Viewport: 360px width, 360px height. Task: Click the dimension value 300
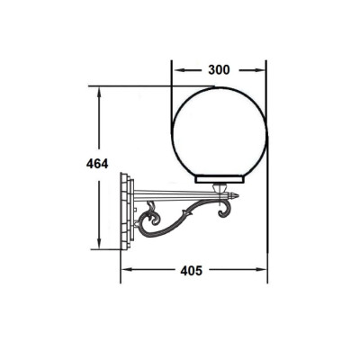click(x=219, y=70)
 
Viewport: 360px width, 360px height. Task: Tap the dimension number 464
click(x=97, y=164)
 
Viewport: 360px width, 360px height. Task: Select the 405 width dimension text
click(x=192, y=271)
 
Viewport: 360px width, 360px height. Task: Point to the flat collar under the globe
click(x=220, y=179)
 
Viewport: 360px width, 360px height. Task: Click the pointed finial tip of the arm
click(x=238, y=195)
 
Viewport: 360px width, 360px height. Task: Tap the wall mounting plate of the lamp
click(x=127, y=211)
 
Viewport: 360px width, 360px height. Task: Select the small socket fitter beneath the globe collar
click(x=220, y=188)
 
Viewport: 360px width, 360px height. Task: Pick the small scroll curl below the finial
click(x=226, y=209)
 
